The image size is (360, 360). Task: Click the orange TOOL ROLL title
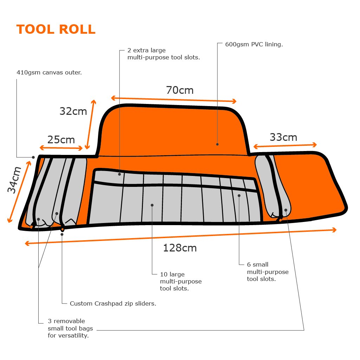(56, 30)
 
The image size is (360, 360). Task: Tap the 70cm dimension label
(180, 90)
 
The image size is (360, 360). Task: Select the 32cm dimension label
(73, 111)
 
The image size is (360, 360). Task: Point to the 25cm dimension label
(61, 139)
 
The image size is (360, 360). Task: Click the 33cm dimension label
(283, 137)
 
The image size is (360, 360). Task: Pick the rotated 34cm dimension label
(14, 180)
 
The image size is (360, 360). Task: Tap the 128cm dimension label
(180, 248)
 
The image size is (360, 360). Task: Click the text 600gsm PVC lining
(254, 44)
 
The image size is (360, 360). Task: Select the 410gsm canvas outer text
(49, 73)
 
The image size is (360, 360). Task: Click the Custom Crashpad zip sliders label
(113, 303)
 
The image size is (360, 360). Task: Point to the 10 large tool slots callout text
(181, 281)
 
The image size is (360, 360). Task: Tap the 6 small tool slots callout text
(268, 271)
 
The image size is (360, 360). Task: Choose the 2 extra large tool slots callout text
(164, 54)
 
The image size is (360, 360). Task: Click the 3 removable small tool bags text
(70, 328)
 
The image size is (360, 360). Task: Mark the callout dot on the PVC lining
(217, 144)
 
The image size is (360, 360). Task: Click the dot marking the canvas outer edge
(33, 157)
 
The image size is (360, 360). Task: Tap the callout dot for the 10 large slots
(152, 205)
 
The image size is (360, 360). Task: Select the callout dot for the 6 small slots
(239, 196)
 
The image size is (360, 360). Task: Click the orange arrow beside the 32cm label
(90, 124)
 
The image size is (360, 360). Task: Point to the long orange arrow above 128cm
(181, 236)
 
